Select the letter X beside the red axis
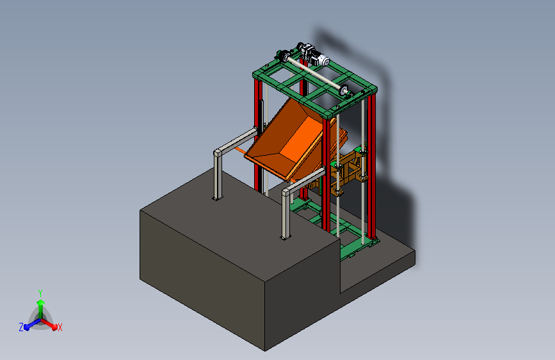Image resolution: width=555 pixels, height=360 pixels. pyautogui.click(x=60, y=327)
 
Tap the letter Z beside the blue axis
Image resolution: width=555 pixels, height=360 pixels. pyautogui.click(x=21, y=327)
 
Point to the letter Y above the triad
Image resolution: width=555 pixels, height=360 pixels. pyautogui.click(x=40, y=293)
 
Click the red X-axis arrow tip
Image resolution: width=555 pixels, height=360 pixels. pyautogui.click(x=54, y=327)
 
